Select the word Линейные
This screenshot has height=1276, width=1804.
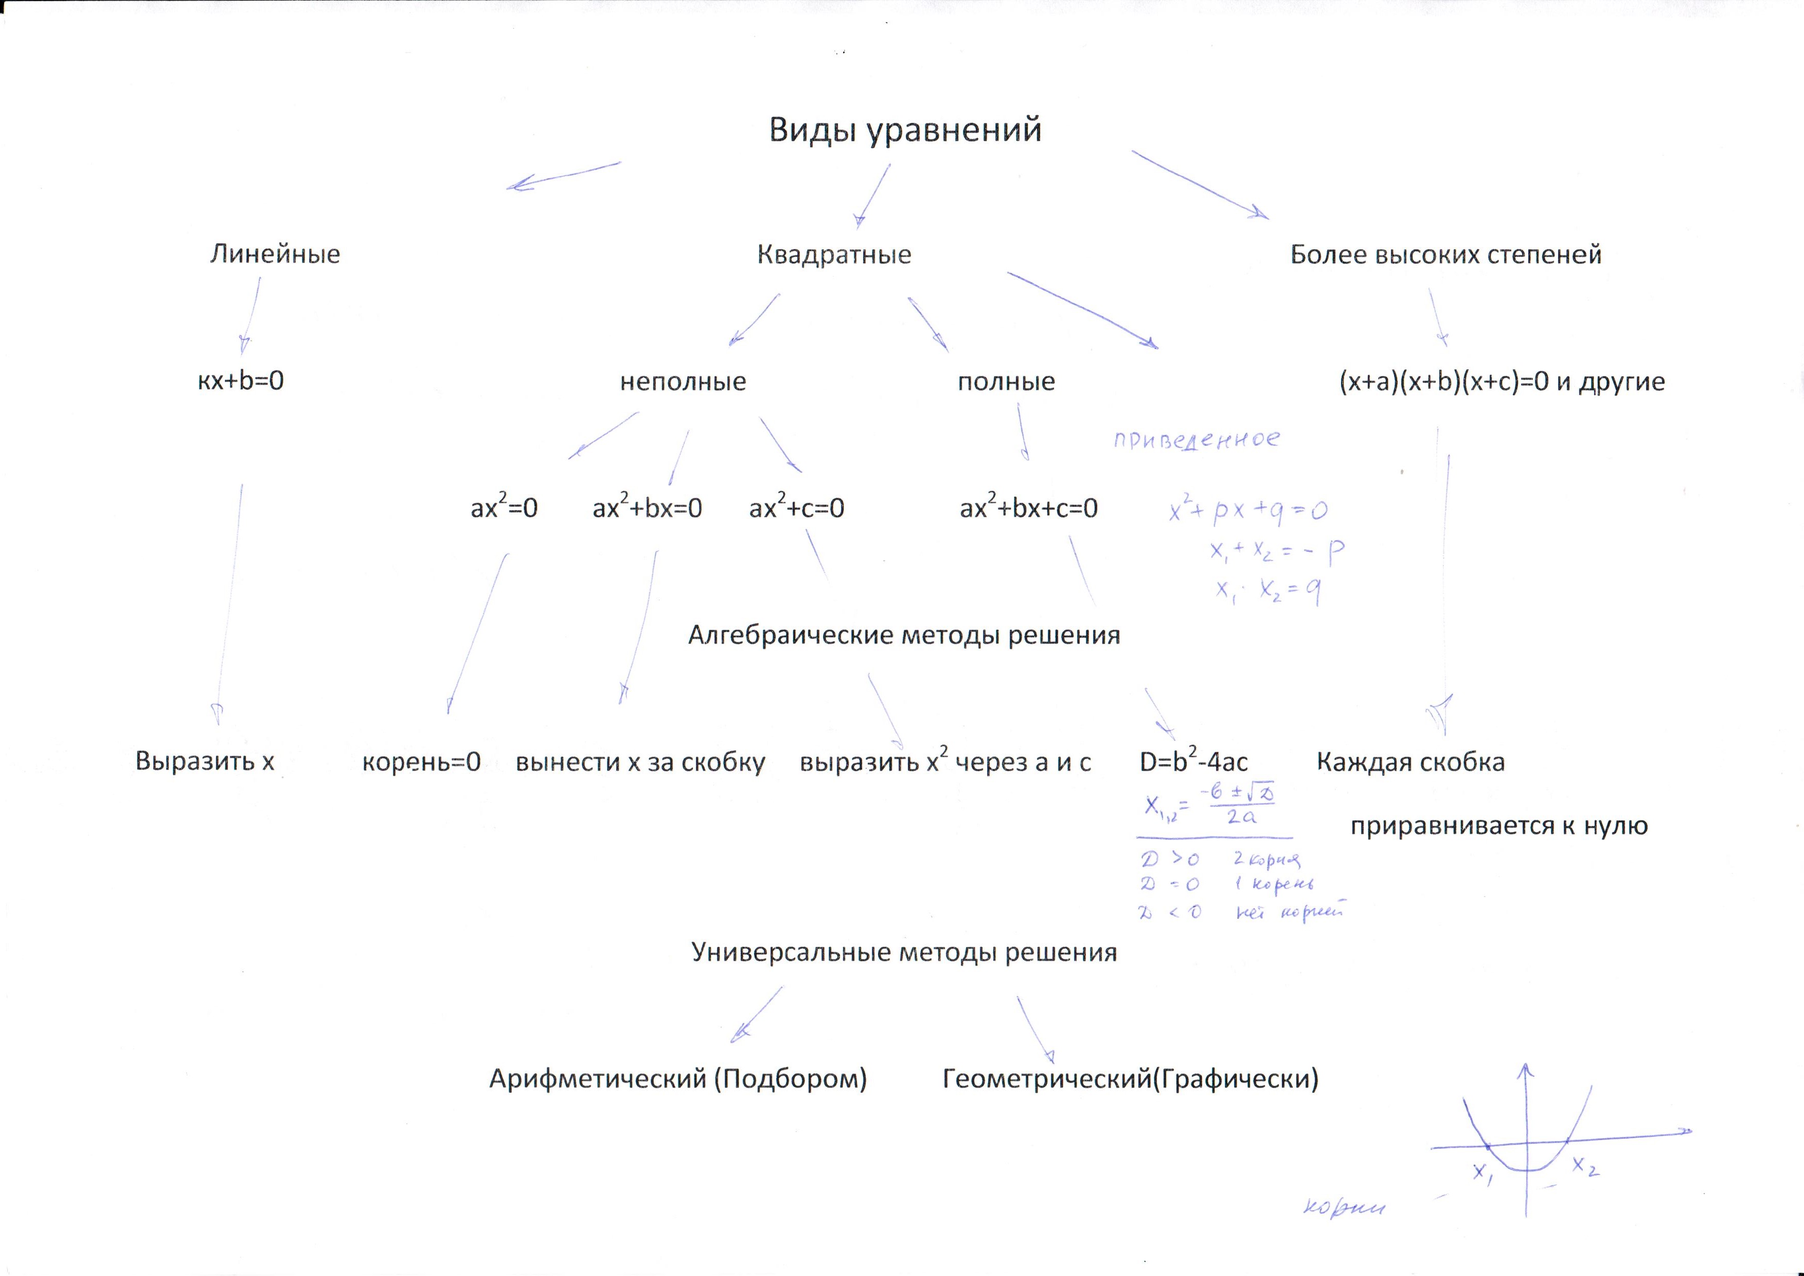[275, 254]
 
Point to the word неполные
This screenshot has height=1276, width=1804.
[683, 381]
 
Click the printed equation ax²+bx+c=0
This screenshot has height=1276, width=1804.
[1028, 508]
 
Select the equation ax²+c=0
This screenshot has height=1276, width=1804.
[797, 508]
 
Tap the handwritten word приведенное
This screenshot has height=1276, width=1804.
[1196, 440]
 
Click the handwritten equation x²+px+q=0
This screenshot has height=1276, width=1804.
[1248, 511]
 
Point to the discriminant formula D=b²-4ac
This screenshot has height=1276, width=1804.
[1193, 761]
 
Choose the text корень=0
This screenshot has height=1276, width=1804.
[421, 762]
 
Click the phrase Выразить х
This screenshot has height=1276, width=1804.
[204, 761]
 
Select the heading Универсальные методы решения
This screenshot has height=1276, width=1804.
[904, 952]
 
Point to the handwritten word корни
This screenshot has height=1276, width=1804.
[1344, 1207]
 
